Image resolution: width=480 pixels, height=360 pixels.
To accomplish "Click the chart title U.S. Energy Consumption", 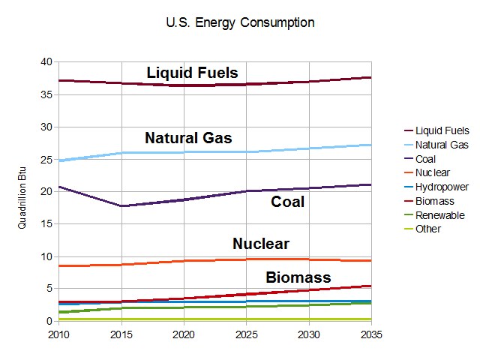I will (x=240, y=22).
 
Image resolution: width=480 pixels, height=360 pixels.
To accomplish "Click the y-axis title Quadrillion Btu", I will (x=22, y=192).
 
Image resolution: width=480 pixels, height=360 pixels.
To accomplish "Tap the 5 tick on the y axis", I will (x=49, y=289).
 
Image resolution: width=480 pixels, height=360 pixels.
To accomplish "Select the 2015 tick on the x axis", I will (x=121, y=334).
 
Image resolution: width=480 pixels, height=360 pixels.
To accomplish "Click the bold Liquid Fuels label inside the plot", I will (x=192, y=73).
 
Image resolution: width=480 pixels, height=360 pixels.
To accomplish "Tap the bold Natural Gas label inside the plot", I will (x=188, y=138).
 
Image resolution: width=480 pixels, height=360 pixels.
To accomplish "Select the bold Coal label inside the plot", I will (x=287, y=202).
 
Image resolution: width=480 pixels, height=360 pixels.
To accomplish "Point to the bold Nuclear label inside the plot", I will (x=260, y=244).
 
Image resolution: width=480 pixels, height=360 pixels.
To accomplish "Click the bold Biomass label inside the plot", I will (x=298, y=277).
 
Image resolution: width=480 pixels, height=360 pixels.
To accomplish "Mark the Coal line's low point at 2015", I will (x=121, y=205).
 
